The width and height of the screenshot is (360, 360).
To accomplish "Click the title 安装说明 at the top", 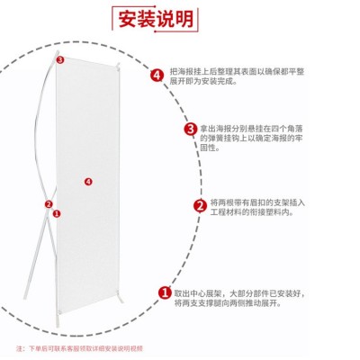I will [x=179, y=17].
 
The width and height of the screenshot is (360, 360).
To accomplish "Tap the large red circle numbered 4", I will [x=158, y=75].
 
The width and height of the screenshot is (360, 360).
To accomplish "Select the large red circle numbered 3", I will [x=190, y=130].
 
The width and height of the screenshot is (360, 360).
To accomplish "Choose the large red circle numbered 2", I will [x=200, y=204].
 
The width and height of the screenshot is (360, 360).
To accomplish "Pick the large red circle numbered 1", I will [x=165, y=292].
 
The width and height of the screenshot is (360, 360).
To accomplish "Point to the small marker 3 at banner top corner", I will [x=60, y=60].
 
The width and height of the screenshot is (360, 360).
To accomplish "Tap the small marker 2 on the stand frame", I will [x=49, y=204].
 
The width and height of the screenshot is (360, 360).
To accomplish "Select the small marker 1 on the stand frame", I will [x=57, y=214].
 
